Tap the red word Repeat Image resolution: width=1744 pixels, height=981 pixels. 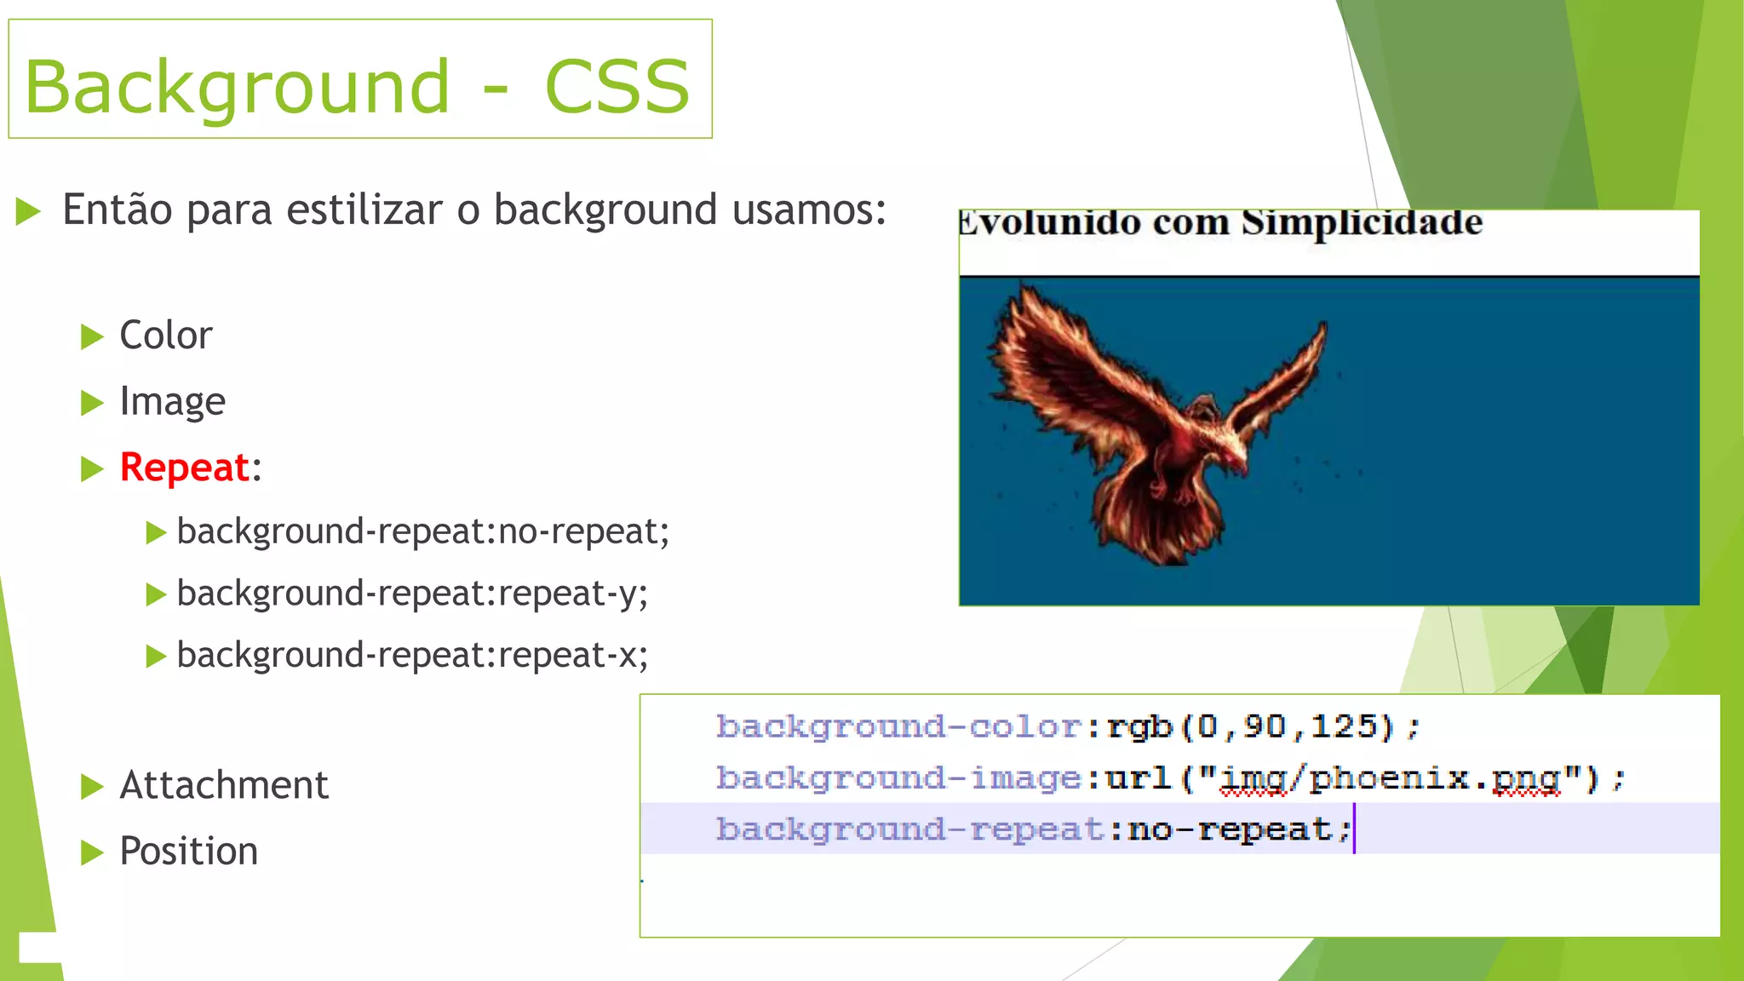click(184, 468)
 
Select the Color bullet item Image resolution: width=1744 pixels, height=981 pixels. click(165, 336)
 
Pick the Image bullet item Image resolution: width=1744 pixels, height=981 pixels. click(172, 401)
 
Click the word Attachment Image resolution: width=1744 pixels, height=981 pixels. click(223, 785)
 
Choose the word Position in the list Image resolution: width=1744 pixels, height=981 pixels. click(188, 851)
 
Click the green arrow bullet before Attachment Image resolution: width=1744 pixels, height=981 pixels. click(91, 786)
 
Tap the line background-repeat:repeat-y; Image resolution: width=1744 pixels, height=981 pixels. click(412, 594)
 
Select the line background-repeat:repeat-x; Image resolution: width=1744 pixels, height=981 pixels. click(412, 656)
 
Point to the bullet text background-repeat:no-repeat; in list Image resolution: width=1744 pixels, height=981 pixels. click(422, 531)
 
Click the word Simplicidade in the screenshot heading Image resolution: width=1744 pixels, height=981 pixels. click(1362, 222)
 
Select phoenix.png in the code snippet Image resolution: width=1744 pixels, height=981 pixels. click(1434, 778)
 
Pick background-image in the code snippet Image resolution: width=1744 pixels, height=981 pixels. click(898, 778)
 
